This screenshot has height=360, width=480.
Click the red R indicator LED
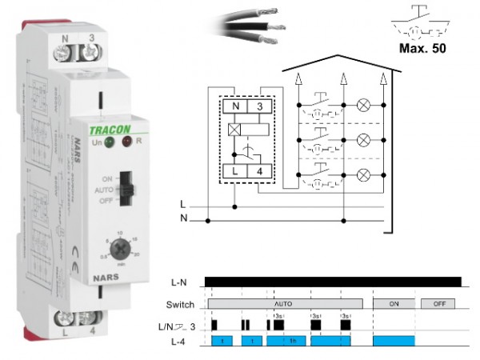pos(127,142)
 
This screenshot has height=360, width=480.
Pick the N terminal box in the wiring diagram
pos(234,106)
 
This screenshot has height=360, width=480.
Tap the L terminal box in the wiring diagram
pos(234,170)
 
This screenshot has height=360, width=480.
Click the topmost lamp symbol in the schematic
pos(362,105)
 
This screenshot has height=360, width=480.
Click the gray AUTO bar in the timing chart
pos(284,304)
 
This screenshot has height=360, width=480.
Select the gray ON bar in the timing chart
pos(394,304)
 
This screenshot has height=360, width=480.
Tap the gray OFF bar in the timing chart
pos(438,304)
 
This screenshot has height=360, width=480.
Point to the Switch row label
pos(181,305)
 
